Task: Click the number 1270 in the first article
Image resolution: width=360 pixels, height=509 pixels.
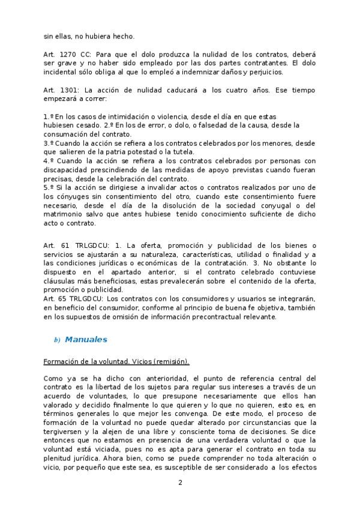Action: point(68,54)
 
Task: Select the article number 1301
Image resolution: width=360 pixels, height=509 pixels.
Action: point(68,89)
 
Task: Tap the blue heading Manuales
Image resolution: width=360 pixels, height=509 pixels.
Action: point(86,340)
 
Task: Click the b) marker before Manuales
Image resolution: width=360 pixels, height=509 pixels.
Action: point(57,340)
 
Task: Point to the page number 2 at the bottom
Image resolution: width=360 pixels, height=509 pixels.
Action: point(179,483)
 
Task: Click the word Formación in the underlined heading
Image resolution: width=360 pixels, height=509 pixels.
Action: point(61,361)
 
